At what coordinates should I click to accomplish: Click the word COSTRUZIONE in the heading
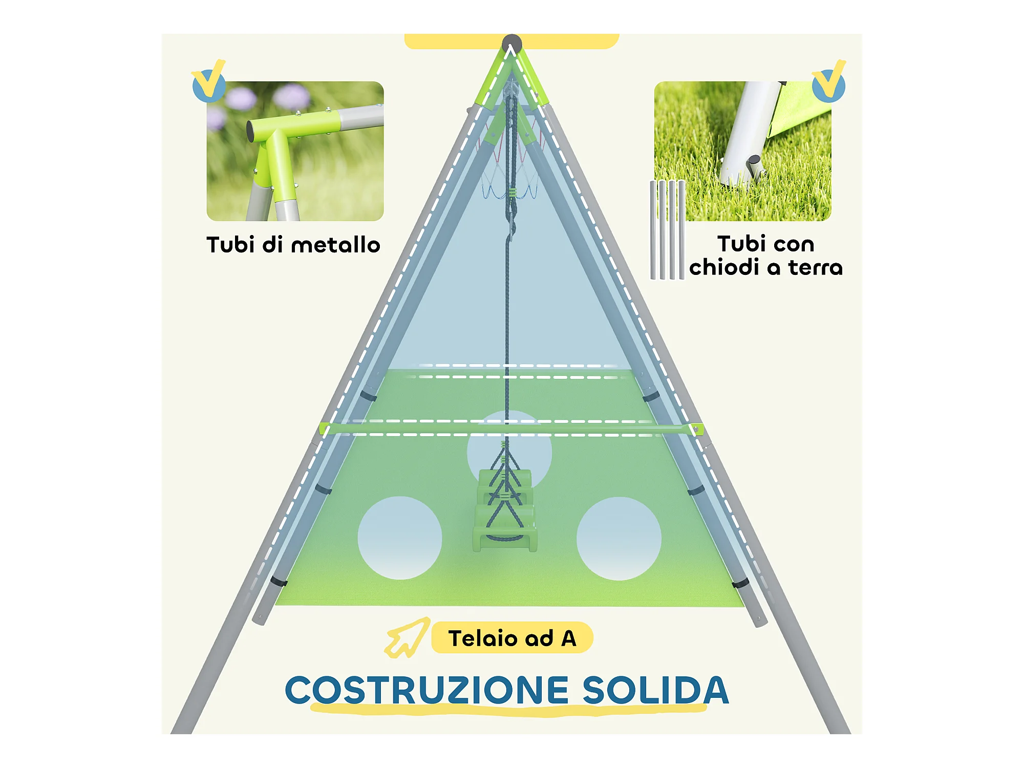pos(426,690)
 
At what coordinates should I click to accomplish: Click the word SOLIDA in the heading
pos(655,690)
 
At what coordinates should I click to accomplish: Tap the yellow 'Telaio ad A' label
pos(512,638)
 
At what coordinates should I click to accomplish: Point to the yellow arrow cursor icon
pos(407,637)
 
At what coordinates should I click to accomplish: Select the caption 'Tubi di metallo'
pos(293,245)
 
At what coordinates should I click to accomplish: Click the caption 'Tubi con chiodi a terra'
pos(765,255)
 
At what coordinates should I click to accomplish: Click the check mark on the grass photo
pos(829,82)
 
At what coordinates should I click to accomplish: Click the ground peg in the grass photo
pos(753,166)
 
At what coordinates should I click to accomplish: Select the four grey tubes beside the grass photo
pos(667,230)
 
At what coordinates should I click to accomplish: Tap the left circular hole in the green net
pos(400,538)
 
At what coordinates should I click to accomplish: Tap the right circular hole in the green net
pos(619,538)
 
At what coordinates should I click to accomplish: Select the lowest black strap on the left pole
pos(279,582)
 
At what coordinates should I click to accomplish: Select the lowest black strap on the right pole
pos(740,583)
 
